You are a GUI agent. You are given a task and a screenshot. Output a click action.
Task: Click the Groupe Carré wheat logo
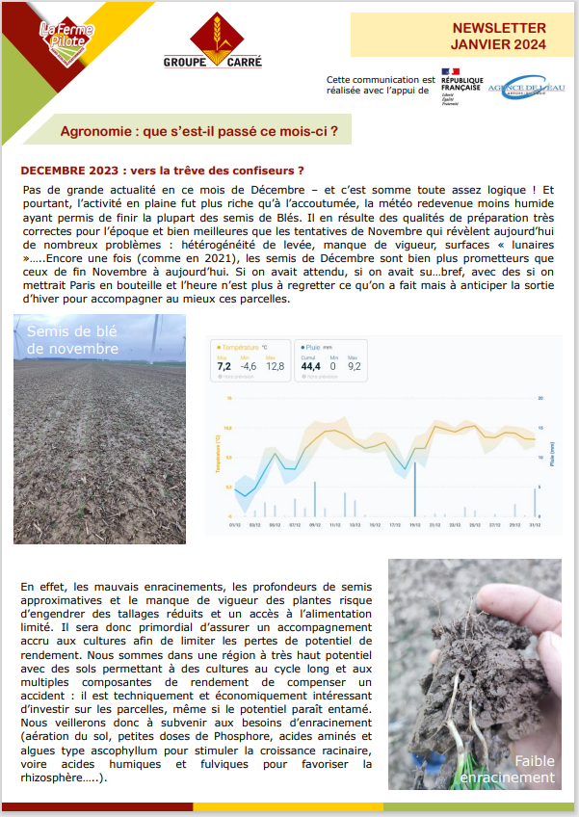coord(212,40)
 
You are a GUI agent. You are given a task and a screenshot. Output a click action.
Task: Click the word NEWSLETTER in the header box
coord(499,28)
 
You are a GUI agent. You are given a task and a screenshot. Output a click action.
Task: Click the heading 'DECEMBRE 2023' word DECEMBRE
coord(57,170)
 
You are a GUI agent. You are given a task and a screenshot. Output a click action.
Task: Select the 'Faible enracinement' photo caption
coord(519,769)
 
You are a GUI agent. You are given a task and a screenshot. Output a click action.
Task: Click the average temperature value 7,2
coord(224,366)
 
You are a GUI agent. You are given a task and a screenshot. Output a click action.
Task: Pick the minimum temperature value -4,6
coord(249,366)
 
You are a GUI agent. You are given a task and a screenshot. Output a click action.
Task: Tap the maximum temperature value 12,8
coord(275,366)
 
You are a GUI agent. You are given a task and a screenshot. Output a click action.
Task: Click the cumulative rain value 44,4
coord(311,366)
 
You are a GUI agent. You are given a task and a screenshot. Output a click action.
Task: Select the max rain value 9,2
coord(354,366)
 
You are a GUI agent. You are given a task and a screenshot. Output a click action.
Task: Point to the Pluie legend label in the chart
coord(315,346)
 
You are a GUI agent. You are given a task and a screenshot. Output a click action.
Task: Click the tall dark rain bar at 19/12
coord(415,491)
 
